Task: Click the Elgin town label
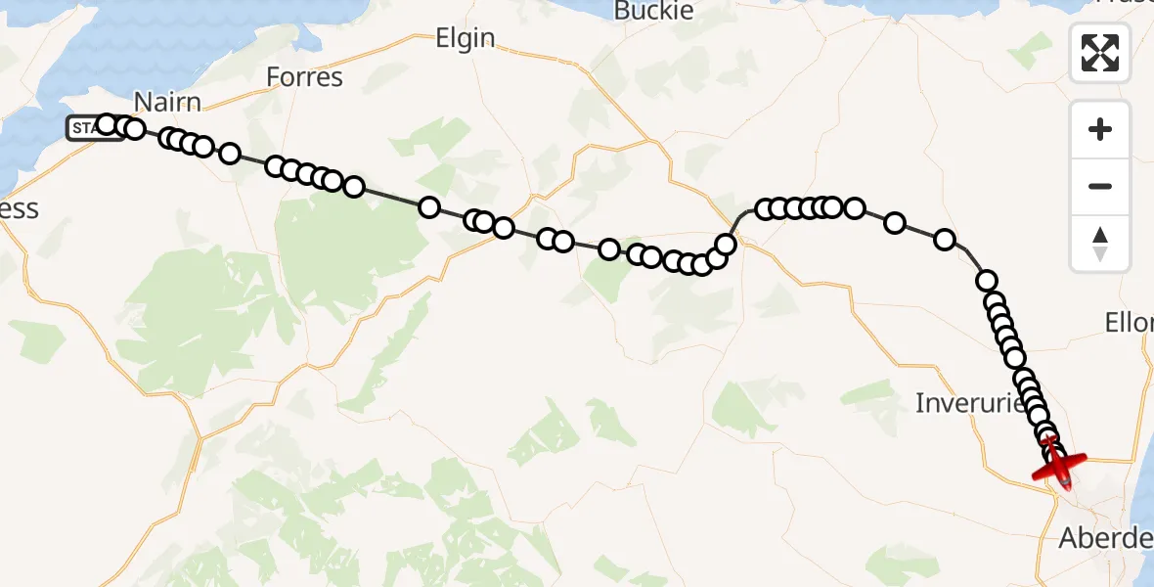(x=465, y=39)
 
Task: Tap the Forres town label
(x=304, y=76)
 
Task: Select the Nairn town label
(x=167, y=102)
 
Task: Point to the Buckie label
(x=654, y=11)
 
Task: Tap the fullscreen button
(x=1100, y=53)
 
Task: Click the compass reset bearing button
(x=1100, y=243)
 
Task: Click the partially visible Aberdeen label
(x=1105, y=538)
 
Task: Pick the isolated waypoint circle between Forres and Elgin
(x=429, y=206)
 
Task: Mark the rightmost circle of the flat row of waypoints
(x=855, y=207)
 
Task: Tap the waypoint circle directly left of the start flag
(x=107, y=124)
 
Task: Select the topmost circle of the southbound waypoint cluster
(x=987, y=281)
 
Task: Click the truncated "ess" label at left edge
(x=19, y=208)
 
